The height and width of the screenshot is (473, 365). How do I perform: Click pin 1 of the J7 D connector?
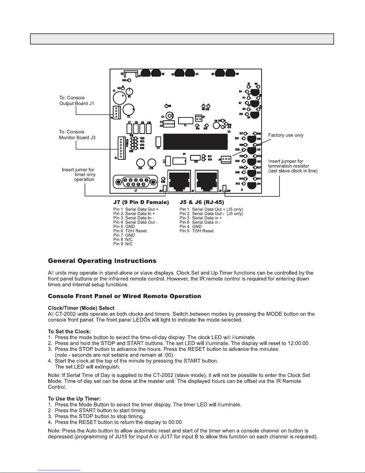pos(146,180)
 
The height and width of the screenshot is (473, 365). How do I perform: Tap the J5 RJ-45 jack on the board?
pos(179,181)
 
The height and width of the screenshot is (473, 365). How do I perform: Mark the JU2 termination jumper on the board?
pos(225,188)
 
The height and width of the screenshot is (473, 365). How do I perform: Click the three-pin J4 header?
pos(226,159)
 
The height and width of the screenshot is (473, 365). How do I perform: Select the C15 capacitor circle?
pos(152,163)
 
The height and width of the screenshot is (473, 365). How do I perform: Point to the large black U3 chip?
pos(195,142)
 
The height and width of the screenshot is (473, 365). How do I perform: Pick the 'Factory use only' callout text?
pos(286,135)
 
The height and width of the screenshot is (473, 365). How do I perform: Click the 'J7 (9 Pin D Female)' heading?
pos(141,202)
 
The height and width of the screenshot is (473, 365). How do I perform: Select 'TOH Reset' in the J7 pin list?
pos(136,231)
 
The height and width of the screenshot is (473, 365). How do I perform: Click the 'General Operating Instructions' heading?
pos(102,261)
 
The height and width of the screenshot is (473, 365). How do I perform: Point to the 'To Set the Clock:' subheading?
pos(69,332)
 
